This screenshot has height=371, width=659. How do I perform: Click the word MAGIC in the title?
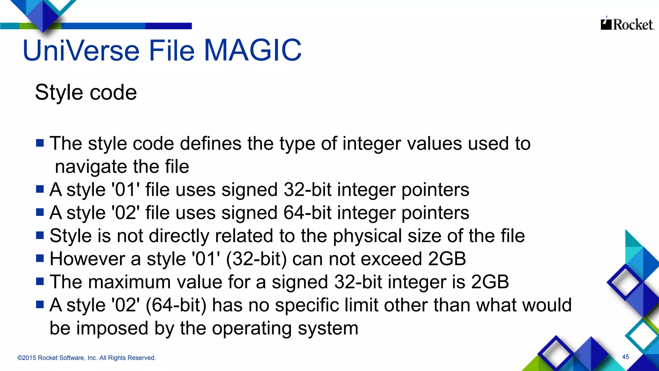[x=253, y=50]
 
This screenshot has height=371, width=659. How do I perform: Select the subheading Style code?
[x=86, y=93]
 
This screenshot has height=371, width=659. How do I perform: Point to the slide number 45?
[x=626, y=357]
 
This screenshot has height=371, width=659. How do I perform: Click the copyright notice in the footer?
[x=87, y=358]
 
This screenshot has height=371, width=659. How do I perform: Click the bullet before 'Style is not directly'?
[x=40, y=235]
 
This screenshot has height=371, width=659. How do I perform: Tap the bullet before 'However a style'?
[x=40, y=258]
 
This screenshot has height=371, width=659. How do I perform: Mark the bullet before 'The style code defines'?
[x=40, y=143]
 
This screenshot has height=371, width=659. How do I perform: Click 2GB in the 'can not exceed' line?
[x=447, y=259]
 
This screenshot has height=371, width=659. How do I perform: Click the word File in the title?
[x=172, y=50]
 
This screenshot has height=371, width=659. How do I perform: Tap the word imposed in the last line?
[x=112, y=328]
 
